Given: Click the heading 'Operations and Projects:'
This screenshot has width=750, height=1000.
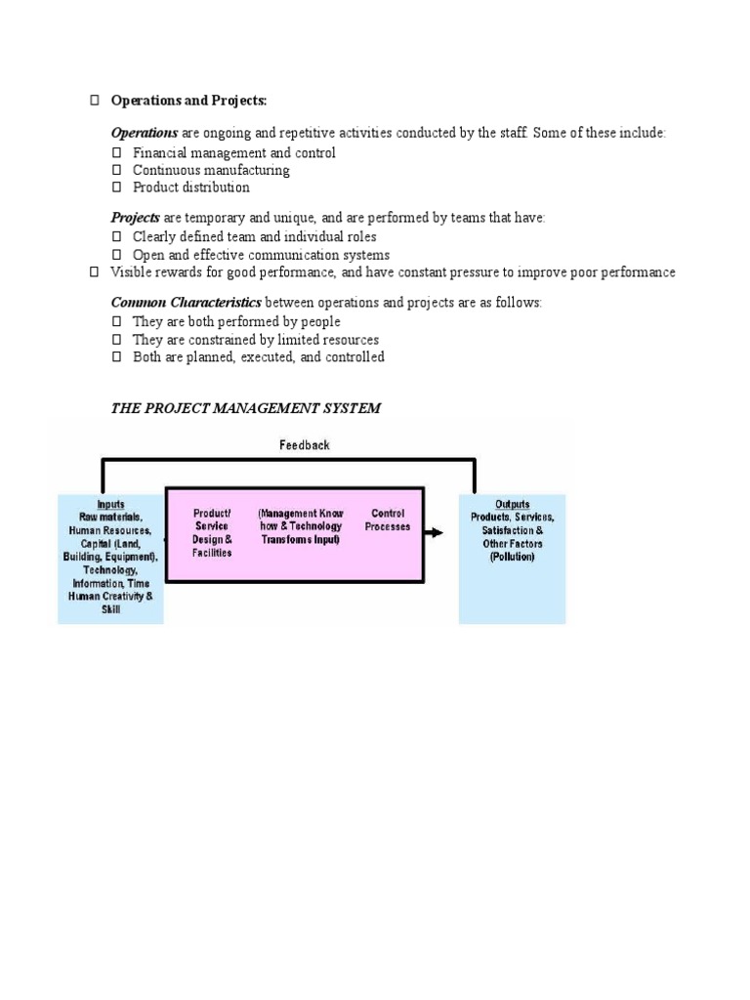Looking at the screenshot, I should coord(188,102).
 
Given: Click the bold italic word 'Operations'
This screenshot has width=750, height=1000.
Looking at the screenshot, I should coord(145,133).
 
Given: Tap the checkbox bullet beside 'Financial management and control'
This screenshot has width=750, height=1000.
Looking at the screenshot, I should coord(117,153).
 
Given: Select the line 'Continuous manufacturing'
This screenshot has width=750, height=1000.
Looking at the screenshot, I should coord(211,170).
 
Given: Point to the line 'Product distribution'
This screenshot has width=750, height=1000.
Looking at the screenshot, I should coord(191,187).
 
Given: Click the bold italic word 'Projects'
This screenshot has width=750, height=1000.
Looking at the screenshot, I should coord(135,217).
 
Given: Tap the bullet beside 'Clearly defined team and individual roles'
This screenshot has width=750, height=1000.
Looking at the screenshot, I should coord(117,237).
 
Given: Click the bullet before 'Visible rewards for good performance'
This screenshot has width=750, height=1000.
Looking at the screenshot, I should coord(95,272).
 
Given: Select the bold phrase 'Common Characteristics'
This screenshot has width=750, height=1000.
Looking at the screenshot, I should coord(186,303).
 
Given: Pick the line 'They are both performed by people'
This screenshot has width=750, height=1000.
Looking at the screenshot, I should coord(236,321).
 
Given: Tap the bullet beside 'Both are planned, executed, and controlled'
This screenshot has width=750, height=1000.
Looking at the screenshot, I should coord(117,357).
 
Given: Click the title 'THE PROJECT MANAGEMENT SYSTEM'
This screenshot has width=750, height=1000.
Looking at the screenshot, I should coord(245,408).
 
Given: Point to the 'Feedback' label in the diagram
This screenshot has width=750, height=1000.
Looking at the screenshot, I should coord(305,445).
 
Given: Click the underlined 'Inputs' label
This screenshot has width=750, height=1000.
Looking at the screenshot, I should coord(110,504).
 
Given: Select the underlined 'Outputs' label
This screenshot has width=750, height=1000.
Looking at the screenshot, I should coord(512,505).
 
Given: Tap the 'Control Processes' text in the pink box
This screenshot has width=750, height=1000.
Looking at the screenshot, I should coord(388,521).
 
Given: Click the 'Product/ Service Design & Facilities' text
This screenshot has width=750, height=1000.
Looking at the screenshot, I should coord(212,532).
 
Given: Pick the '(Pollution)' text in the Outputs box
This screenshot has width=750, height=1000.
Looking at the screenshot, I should coord(512,557).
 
